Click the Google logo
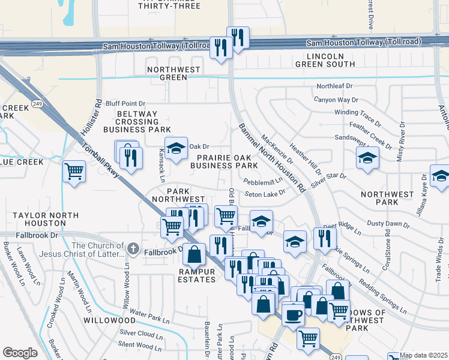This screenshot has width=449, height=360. point(20,353)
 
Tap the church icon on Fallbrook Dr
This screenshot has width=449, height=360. point(133,248)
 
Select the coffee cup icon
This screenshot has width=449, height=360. point(293,313)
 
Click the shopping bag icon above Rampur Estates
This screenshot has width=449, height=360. point(194,254)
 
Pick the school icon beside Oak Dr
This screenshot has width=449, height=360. point(176,149)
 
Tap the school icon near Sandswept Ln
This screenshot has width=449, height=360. point(367,158)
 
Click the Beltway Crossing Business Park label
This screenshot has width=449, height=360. point(137,121)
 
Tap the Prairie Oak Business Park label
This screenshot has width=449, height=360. point(223,161)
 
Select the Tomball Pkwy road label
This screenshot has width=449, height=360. point(99,161)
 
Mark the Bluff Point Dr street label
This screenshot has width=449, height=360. point(125,103)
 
